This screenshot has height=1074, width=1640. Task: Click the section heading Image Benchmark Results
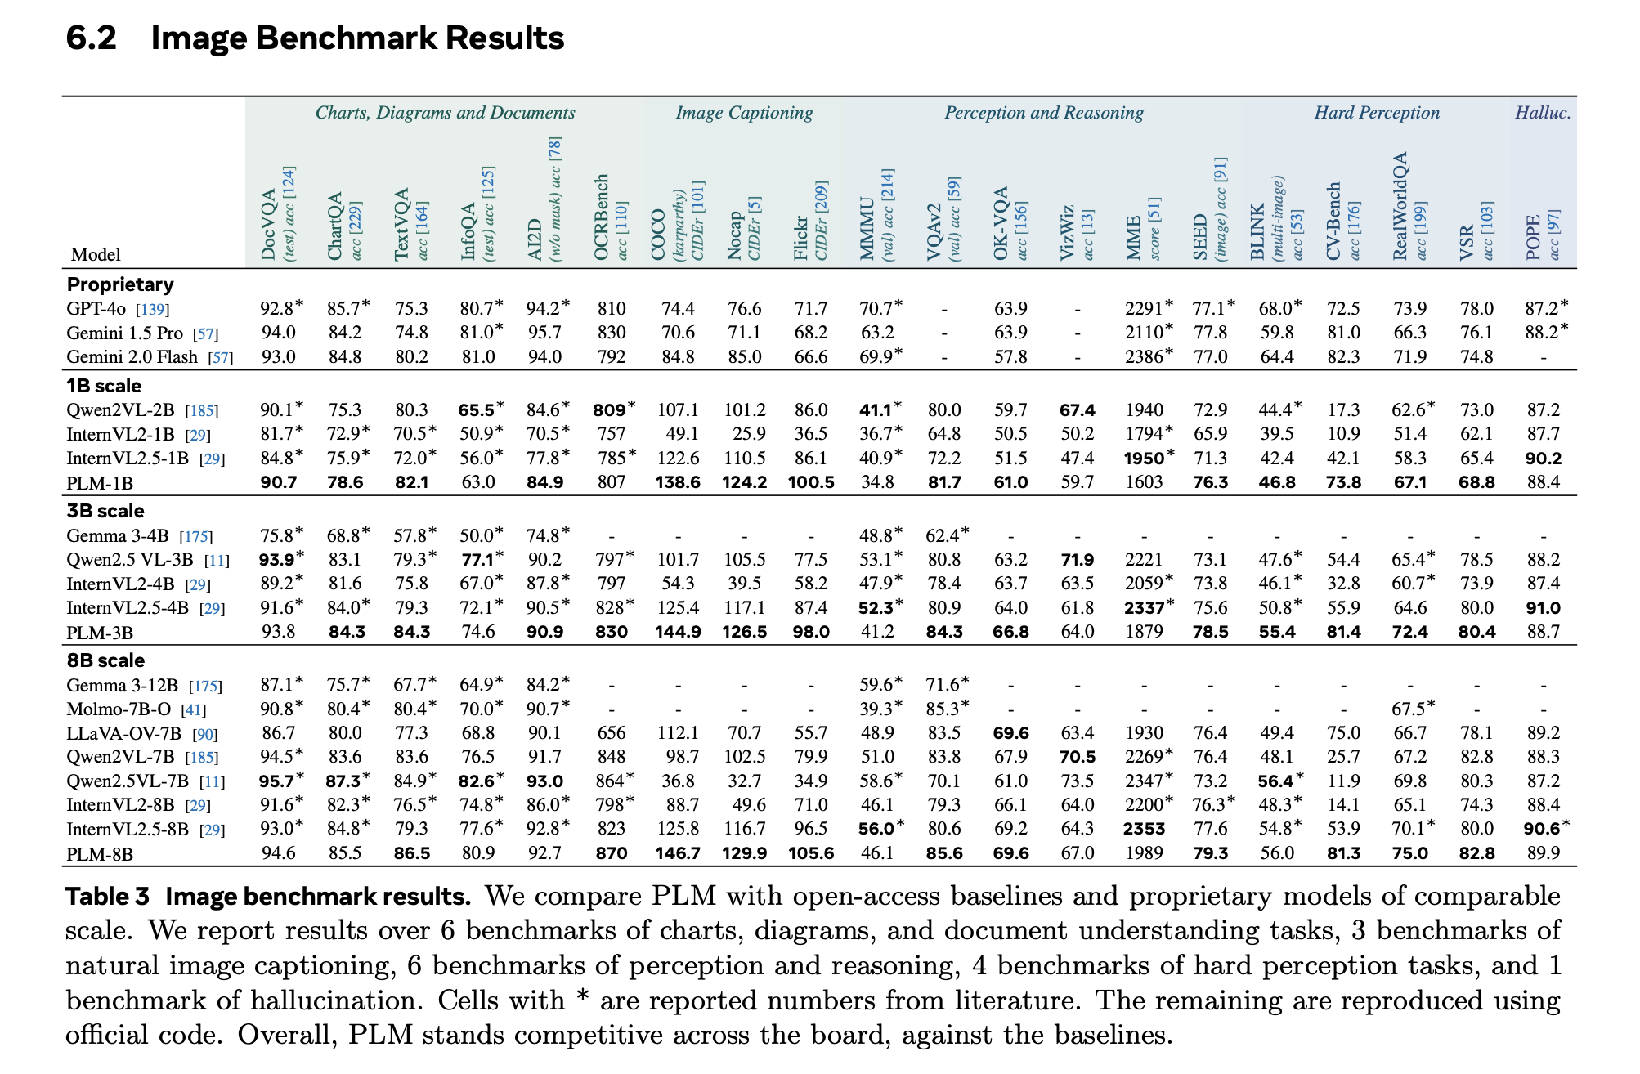(x=357, y=38)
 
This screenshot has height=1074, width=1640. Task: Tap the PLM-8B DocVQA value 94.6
(x=278, y=854)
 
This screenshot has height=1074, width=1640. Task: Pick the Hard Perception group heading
(x=1376, y=113)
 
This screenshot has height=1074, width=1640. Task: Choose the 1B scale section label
(x=104, y=386)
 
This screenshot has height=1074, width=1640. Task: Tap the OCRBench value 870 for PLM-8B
(x=611, y=854)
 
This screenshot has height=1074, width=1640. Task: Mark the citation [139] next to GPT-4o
(x=153, y=310)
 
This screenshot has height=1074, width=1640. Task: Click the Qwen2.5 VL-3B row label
(x=130, y=560)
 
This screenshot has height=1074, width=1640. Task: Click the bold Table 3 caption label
(x=108, y=897)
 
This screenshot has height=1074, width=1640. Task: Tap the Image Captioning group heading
(x=743, y=113)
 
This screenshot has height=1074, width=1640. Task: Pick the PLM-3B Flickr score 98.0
(x=810, y=632)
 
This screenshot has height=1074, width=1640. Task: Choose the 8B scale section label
(x=105, y=660)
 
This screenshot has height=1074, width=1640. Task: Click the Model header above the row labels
(x=96, y=255)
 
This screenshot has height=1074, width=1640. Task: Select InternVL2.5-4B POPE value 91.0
(x=1542, y=608)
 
